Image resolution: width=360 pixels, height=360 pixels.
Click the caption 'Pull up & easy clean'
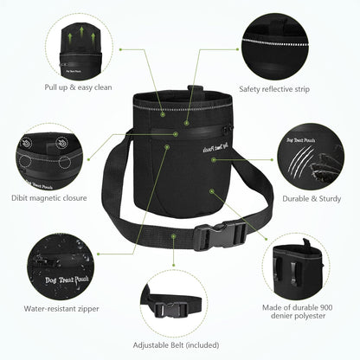click(x=78, y=87)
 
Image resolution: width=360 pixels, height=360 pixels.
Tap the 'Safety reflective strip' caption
click(x=274, y=89)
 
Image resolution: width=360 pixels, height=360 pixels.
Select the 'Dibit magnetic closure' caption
click(x=49, y=198)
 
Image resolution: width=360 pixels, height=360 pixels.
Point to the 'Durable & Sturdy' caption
click(x=312, y=198)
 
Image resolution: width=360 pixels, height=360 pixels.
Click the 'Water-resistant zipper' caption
click(x=61, y=309)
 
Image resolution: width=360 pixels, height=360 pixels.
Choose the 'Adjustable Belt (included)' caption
click(x=176, y=345)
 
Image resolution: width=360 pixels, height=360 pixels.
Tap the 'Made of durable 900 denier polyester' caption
click(x=298, y=312)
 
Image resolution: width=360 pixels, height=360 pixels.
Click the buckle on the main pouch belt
click(x=221, y=235)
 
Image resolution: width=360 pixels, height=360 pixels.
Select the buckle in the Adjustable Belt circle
click(x=171, y=310)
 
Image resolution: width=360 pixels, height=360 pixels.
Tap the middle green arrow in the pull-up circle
click(x=82, y=32)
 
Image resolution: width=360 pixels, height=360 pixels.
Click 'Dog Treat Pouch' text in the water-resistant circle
click(x=67, y=280)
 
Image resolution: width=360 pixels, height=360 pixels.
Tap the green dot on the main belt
click(x=173, y=236)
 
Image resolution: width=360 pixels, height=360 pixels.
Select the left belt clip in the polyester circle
click(x=278, y=269)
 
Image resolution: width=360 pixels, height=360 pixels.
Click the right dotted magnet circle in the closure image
click(x=65, y=163)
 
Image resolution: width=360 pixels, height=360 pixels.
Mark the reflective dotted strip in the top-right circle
click(x=275, y=42)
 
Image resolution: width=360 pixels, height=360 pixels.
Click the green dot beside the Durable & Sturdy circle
click(x=272, y=159)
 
